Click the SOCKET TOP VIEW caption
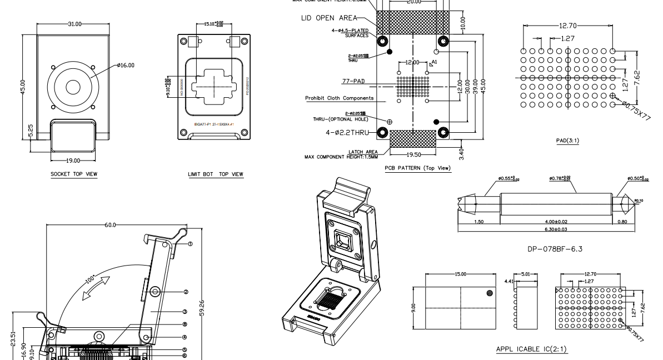pos(74,174)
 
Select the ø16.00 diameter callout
pos(126,65)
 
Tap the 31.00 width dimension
pos(74,24)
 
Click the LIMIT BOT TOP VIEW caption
pos(216,174)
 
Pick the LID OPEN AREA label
pos(328,18)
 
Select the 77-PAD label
pos(353,81)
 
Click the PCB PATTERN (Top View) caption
pos(417,168)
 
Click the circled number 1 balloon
pos(190,244)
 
